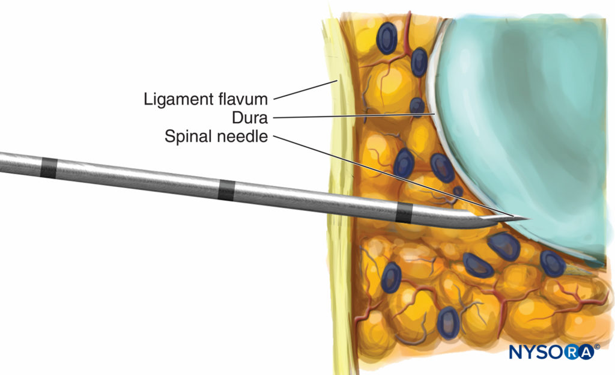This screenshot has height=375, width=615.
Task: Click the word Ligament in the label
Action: coord(178,99)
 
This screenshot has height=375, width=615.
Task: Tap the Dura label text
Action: coord(250,118)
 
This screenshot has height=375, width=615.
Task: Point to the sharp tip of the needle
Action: coord(530,219)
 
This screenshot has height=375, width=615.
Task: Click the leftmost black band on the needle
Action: coord(48,168)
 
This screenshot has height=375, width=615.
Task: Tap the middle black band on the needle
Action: coord(226,191)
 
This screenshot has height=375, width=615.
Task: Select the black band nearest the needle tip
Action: coord(404,213)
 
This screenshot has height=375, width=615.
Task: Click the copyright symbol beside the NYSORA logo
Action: coord(597,347)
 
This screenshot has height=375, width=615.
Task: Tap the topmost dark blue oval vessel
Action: coord(387,38)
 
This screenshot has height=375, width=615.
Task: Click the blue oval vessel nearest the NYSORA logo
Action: coord(553,264)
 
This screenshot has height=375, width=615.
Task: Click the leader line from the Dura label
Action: coord(354,116)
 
